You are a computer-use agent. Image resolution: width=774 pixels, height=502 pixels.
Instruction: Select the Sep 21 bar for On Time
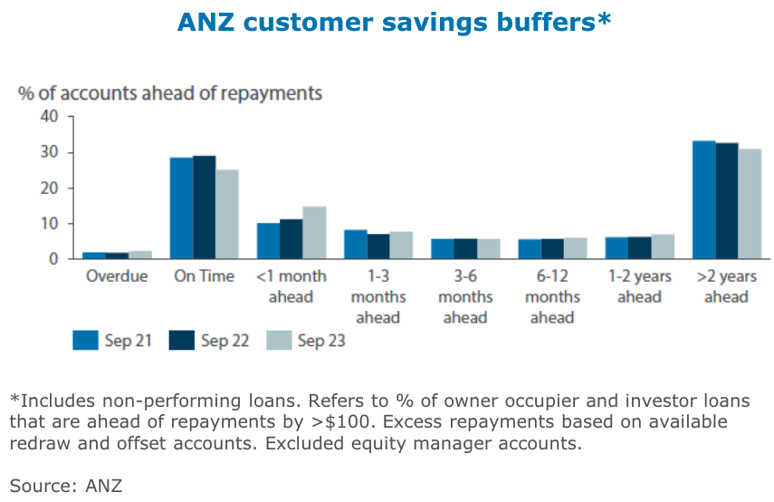click(x=181, y=208)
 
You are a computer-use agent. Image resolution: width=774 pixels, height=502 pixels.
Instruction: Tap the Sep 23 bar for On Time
click(x=226, y=215)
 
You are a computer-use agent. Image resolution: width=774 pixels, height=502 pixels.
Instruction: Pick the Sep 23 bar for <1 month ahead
click(x=313, y=233)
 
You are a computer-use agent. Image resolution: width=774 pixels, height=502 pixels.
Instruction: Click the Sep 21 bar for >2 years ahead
click(x=703, y=200)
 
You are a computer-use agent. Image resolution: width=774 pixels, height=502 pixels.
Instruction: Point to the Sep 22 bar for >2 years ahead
click(x=726, y=201)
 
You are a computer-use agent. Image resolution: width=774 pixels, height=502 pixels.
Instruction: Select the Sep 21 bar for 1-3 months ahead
click(x=356, y=245)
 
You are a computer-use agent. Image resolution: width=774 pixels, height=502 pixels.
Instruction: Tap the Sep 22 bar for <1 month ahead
click(x=291, y=239)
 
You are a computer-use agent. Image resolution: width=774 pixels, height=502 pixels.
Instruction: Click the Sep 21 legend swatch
click(x=84, y=340)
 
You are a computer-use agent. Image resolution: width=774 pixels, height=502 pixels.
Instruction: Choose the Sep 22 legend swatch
click(x=181, y=340)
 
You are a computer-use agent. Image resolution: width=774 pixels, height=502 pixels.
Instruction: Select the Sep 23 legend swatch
click(x=278, y=340)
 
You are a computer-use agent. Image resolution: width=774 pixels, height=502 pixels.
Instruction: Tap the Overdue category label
click(x=117, y=276)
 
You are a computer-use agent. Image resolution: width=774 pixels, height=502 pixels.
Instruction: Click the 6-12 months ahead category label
click(x=552, y=296)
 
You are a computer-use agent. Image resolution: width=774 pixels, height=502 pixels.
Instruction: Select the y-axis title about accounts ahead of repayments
click(x=169, y=92)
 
